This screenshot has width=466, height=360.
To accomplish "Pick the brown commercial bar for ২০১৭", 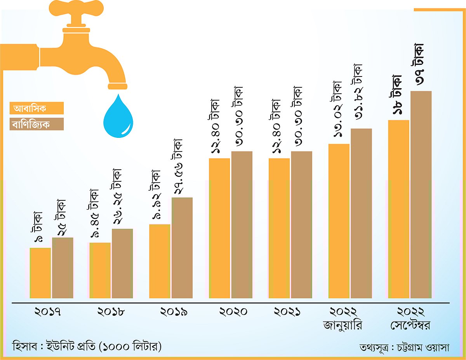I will (x=63, y=268).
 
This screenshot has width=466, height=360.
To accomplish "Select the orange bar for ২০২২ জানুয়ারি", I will (x=339, y=221).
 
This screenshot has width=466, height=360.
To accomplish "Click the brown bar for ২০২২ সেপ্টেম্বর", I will (x=421, y=194).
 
